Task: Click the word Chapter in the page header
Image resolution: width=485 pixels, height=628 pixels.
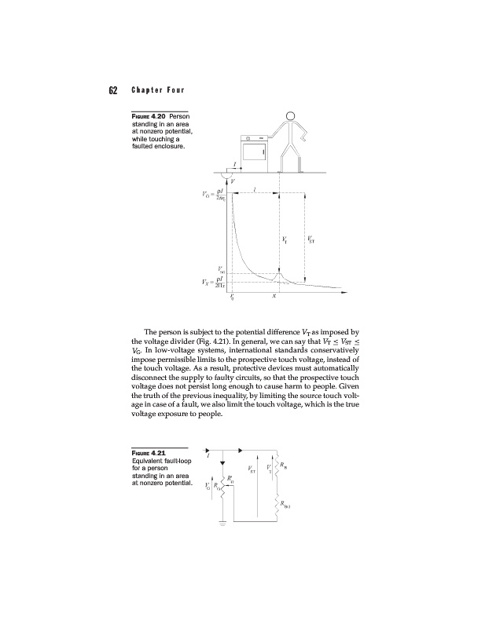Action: (145, 89)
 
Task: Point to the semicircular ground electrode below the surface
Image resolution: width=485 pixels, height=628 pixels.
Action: (228, 177)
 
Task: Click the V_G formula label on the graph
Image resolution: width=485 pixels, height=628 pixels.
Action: (214, 193)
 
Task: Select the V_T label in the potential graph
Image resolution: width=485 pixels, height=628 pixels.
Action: (284, 239)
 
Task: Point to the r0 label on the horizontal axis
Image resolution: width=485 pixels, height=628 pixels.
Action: (231, 298)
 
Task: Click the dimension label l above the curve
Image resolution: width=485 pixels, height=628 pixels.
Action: (253, 188)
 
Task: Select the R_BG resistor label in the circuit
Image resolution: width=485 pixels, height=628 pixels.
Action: (287, 506)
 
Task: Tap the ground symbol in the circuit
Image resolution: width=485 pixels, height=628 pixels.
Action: (222, 521)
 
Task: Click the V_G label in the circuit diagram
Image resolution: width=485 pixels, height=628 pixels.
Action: (207, 486)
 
